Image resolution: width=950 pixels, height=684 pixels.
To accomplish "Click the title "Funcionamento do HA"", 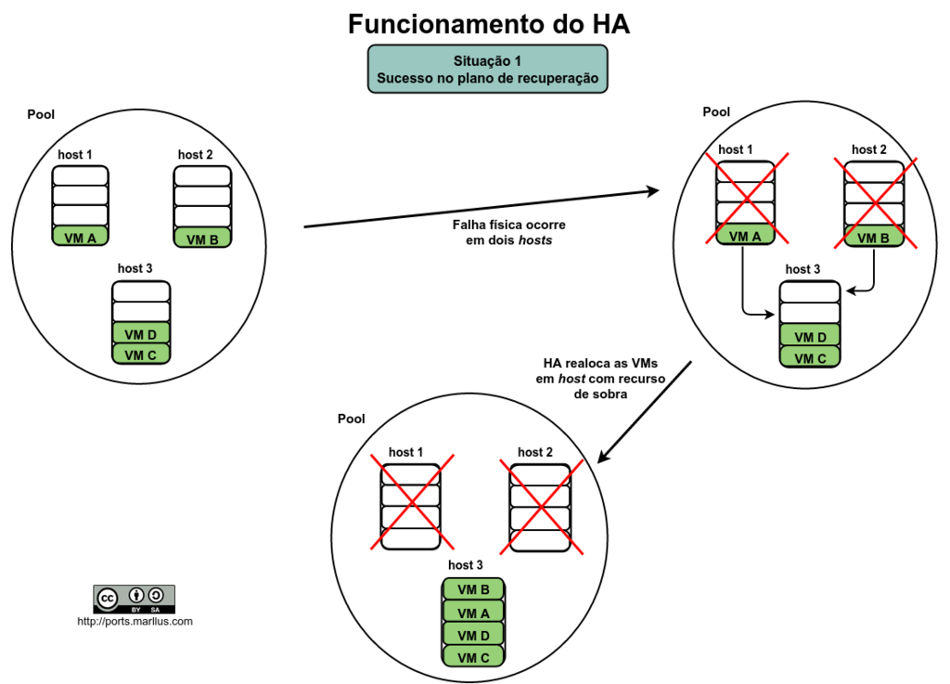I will point(489,24).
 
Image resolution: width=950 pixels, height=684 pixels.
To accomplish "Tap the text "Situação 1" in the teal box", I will point(488,61).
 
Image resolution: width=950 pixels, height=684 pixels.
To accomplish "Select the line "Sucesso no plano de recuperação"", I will point(488,79).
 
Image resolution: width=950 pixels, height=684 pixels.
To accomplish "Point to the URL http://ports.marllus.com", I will point(135,621).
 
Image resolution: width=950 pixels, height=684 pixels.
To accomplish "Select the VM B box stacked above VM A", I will point(473,589).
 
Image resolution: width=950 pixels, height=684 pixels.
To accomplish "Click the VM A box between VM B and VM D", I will point(473,613).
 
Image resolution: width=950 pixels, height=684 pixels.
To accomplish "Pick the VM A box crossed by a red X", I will point(744,236).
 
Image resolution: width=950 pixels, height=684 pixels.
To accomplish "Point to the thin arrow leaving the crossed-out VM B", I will point(875,274).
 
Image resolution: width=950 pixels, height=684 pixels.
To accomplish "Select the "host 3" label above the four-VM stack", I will point(466,565).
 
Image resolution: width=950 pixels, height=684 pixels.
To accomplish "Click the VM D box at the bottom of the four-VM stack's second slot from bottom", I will point(473,635).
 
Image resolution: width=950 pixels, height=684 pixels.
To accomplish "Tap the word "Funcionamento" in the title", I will point(441,24).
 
